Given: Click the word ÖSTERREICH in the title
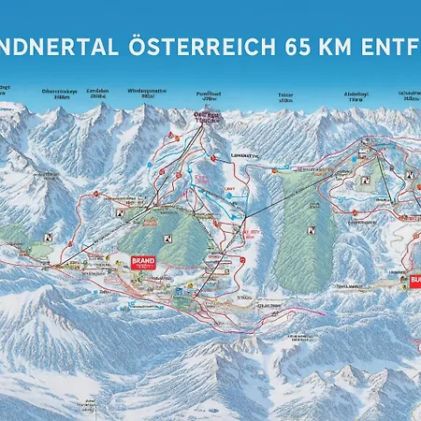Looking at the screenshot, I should (187, 44).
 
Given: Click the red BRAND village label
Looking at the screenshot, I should (142, 262).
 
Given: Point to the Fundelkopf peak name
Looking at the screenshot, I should (208, 92).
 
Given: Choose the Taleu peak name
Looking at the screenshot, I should (285, 94).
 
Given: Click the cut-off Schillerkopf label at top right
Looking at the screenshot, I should (408, 93).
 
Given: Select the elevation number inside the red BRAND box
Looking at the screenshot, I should (142, 268).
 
